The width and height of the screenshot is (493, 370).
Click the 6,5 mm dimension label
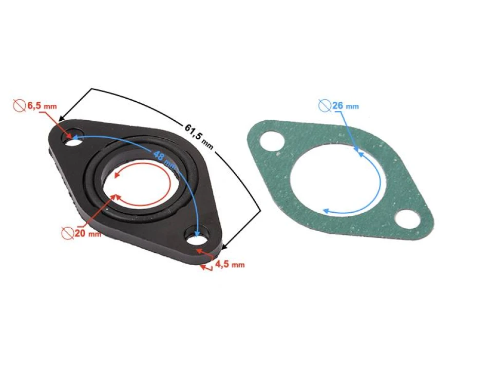pyautogui.click(x=42, y=106)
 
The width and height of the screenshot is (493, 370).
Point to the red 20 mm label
pyautogui.click(x=87, y=233)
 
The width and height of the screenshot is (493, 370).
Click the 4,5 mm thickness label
pyautogui.click(x=229, y=265)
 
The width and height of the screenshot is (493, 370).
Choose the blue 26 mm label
pyautogui.click(x=345, y=106)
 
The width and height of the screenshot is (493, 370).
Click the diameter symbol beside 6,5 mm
pyautogui.click(x=19, y=106)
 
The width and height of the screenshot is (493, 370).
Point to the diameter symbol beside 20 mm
pyautogui.click(x=67, y=233)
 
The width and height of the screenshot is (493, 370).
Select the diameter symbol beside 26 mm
pyautogui.click(x=325, y=106)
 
